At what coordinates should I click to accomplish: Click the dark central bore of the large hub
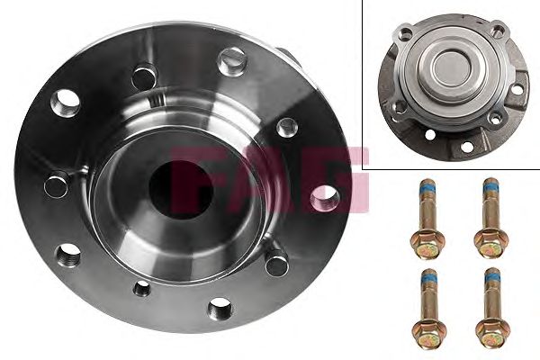pos(181,190)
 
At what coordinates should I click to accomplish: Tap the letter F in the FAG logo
pos(193,179)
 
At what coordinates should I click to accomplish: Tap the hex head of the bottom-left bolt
pos(429,330)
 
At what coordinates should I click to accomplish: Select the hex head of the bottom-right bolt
pos(493,330)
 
